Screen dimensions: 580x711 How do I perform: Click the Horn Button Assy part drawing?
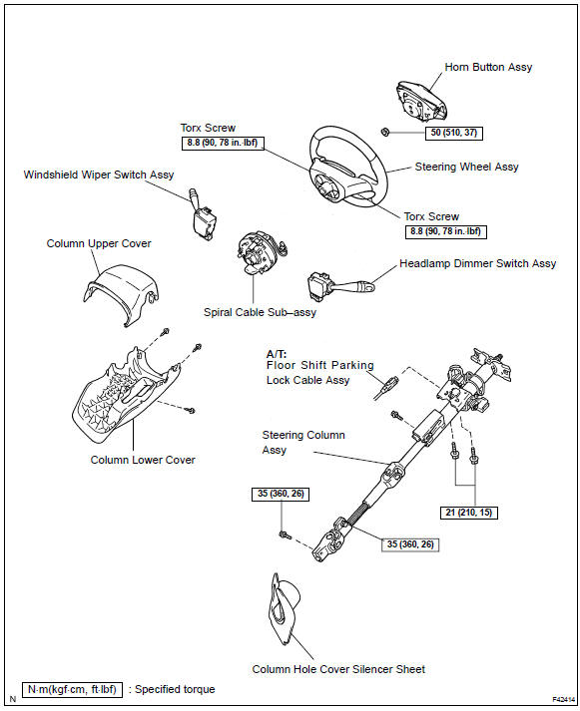[420, 103]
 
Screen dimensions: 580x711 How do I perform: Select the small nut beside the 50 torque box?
[384, 132]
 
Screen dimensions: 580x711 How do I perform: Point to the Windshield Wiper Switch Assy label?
[99, 176]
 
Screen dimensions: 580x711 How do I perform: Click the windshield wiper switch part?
[203, 215]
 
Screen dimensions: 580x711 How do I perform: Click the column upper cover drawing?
[121, 292]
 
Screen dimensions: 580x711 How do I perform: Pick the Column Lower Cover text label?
[143, 460]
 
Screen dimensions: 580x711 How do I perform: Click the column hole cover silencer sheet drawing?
[284, 609]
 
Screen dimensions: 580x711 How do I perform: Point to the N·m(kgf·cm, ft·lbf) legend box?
[72, 690]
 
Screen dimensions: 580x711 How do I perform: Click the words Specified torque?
[175, 690]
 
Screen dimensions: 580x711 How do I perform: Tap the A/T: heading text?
[277, 354]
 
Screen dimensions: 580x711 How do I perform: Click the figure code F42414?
[563, 700]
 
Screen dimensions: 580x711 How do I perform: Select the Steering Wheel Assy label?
[466, 167]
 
